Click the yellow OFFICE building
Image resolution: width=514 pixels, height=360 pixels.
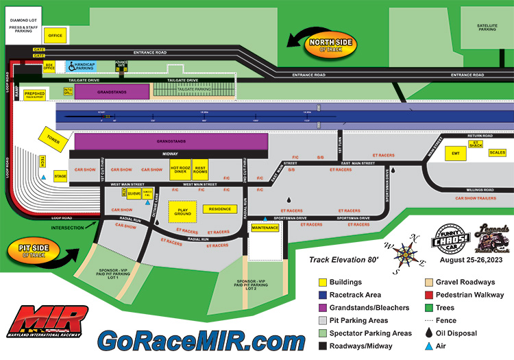click(55, 36)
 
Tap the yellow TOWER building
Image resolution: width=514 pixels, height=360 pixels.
click(53, 138)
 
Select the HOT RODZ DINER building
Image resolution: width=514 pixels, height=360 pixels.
click(180, 169)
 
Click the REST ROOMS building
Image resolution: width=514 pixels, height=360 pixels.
click(201, 169)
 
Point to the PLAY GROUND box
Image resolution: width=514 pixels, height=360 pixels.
click(182, 211)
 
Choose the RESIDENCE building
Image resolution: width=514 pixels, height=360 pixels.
click(220, 208)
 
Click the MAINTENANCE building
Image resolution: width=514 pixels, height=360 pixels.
click(265, 227)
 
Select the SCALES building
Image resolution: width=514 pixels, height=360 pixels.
click(497, 153)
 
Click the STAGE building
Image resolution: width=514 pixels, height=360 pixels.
click(60, 177)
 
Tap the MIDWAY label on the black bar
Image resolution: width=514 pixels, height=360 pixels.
click(171, 154)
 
